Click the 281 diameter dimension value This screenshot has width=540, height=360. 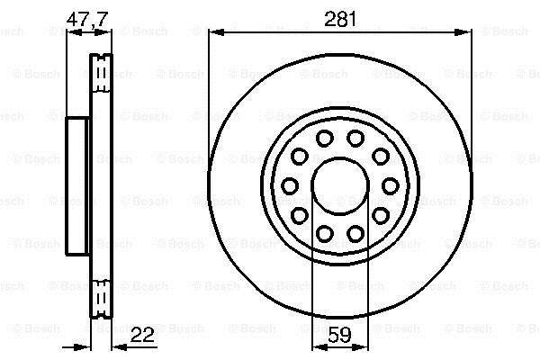pos(340,19)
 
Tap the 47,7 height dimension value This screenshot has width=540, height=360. pos(87,19)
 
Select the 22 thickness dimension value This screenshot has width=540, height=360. pos(142,334)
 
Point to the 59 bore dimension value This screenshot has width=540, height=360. pos(339,335)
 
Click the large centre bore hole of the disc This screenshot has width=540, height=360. pos(340,185)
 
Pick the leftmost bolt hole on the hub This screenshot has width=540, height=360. pos(290,185)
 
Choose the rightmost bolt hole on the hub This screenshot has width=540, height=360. pos(391,185)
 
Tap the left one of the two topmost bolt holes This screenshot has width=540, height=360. pos(324,139)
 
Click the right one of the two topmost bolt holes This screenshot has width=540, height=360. pos(355,139)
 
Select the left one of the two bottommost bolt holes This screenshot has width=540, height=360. pos(324,233)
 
